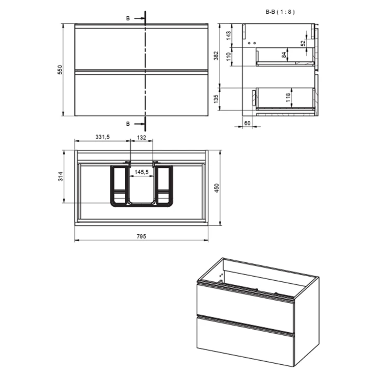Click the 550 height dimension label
[60, 69]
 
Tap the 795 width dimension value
[142, 236]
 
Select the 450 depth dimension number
[217, 188]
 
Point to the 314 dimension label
[60, 176]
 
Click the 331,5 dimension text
[102, 137]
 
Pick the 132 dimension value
[142, 138]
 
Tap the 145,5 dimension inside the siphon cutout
[142, 172]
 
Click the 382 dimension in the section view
[217, 56]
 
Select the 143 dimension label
[228, 36]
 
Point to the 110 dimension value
[228, 57]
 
